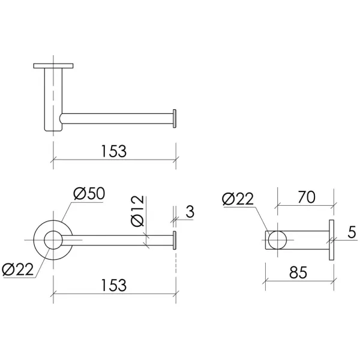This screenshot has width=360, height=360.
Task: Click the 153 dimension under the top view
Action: click(114, 151)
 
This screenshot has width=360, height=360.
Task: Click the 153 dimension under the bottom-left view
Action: click(114, 285)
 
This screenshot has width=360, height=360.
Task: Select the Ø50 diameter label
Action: click(89, 194)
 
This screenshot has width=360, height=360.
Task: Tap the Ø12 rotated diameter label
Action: click(137, 211)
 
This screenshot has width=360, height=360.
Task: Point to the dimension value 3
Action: click(190, 211)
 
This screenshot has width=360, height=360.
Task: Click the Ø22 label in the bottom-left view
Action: click(17, 269)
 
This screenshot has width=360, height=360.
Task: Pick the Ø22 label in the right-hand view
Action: click(238, 199)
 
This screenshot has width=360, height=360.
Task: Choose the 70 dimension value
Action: click(307, 197)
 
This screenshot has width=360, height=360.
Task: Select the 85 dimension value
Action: click(298, 272)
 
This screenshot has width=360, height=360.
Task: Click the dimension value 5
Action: click(352, 232)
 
